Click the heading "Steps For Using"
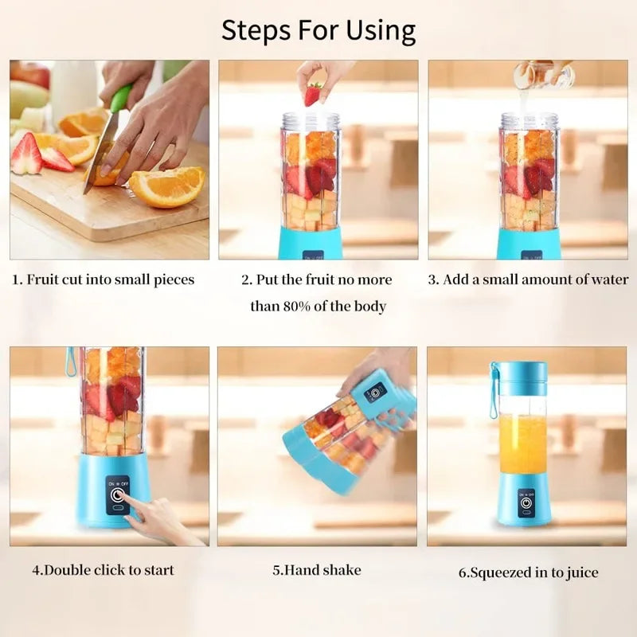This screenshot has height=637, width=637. (x=318, y=30)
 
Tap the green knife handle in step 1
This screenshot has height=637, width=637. (x=120, y=99)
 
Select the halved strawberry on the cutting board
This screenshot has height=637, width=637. (x=27, y=154)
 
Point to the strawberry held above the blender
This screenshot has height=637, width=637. (x=314, y=94)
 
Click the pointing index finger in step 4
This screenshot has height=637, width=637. (x=137, y=510)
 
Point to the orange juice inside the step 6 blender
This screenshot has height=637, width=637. (x=522, y=443)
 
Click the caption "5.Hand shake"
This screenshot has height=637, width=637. (x=317, y=570)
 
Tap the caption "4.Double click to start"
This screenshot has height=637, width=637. (x=103, y=570)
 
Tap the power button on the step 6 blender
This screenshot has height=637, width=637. (x=526, y=503)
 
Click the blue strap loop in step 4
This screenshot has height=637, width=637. (x=70, y=361)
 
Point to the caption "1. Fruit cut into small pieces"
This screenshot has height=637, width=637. (x=103, y=279)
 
